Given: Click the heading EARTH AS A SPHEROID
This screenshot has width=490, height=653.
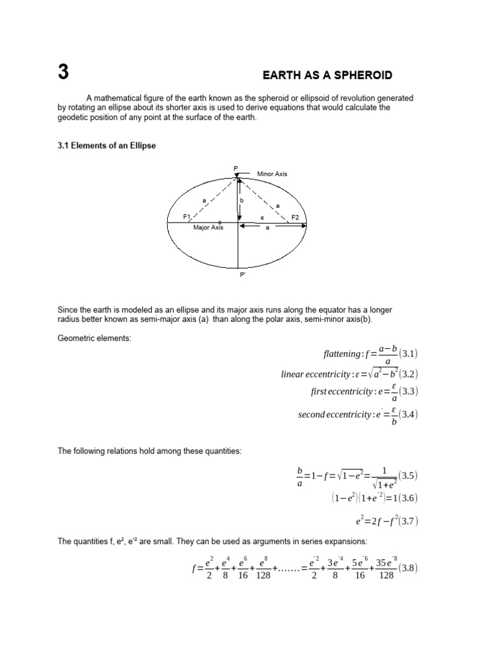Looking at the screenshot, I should (327, 75).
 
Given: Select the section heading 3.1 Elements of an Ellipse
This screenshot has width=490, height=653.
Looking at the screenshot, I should (107, 145).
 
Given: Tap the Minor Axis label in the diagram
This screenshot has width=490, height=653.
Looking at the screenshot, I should (272, 173).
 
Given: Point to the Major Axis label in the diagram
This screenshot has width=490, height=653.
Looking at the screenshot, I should (208, 227).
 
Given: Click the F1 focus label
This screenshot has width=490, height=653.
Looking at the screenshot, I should (187, 217).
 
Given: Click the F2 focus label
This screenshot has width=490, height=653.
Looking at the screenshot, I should (295, 217).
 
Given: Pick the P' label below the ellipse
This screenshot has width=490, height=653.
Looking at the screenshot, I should (242, 275).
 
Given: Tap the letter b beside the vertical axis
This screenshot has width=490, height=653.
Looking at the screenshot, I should (242, 200).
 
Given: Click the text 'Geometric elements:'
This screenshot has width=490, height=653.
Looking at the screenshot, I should (94, 338).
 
